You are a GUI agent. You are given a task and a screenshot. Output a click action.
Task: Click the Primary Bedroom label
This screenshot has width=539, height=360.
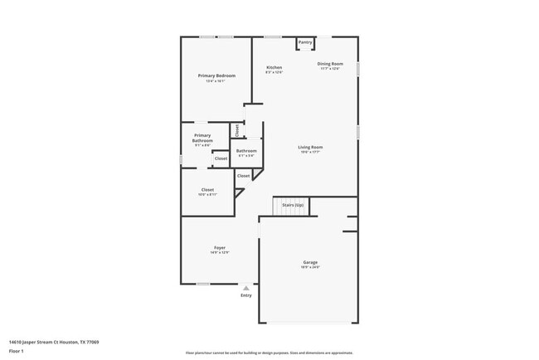point(216,75)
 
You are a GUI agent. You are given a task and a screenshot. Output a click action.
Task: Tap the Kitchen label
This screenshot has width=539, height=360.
point(274,67)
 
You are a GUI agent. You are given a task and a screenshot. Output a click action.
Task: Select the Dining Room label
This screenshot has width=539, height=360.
point(329,64)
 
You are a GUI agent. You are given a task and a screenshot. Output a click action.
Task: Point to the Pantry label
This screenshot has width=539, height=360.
point(305,41)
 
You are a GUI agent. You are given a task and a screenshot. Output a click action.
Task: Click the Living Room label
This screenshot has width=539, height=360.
point(310,147)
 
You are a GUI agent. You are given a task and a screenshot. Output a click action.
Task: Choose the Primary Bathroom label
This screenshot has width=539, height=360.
point(203,138)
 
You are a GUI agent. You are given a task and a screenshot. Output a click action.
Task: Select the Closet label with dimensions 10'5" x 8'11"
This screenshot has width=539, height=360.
point(207,189)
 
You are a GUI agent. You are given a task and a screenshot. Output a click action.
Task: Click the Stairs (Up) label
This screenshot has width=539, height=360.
point(293,204)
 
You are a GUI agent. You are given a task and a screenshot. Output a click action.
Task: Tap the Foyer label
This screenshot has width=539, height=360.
point(220,247)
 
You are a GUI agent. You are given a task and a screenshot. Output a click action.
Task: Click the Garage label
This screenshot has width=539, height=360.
point(310,262)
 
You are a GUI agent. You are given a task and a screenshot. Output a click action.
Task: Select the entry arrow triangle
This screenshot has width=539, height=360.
point(245,288)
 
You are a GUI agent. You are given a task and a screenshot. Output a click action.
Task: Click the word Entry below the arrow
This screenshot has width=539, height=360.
point(245,295)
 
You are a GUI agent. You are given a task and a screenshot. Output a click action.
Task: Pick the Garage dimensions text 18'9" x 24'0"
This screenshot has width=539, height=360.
point(310,267)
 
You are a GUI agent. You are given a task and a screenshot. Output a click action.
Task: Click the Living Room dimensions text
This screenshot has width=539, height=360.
point(310,152)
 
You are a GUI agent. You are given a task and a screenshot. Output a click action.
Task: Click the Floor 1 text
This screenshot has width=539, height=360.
point(16,351)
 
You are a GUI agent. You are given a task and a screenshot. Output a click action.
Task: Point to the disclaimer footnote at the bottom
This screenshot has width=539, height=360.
point(269,352)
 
